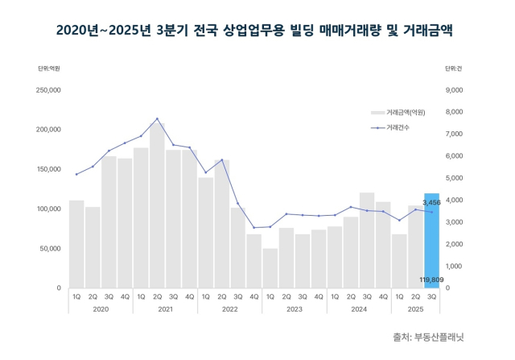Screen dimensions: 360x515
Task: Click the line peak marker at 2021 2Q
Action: tap(157, 118)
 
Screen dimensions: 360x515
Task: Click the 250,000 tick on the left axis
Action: tap(50, 90)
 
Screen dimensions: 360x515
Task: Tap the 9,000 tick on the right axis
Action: tap(455, 90)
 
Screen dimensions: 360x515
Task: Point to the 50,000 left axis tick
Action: tap(51, 248)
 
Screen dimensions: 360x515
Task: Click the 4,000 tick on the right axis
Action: tap(455, 200)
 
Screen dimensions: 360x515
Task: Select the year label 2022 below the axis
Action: tap(230, 308)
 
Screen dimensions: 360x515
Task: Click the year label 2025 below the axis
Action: tap(415, 308)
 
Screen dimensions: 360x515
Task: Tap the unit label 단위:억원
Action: tap(49, 68)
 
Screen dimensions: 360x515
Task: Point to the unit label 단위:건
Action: tap(454, 68)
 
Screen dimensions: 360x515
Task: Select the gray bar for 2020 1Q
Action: tap(76, 244)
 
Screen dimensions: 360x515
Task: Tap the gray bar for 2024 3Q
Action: tap(367, 240)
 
